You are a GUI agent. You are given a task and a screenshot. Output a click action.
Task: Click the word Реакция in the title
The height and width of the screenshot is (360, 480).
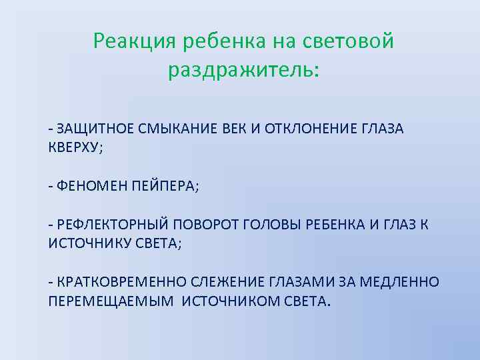pyautogui.click(x=131, y=42)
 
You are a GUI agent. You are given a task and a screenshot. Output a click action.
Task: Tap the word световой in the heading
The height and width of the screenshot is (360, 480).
pyautogui.click(x=349, y=42)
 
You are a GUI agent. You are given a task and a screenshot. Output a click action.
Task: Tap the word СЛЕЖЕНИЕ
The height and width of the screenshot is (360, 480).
pyautogui.click(x=216, y=282)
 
